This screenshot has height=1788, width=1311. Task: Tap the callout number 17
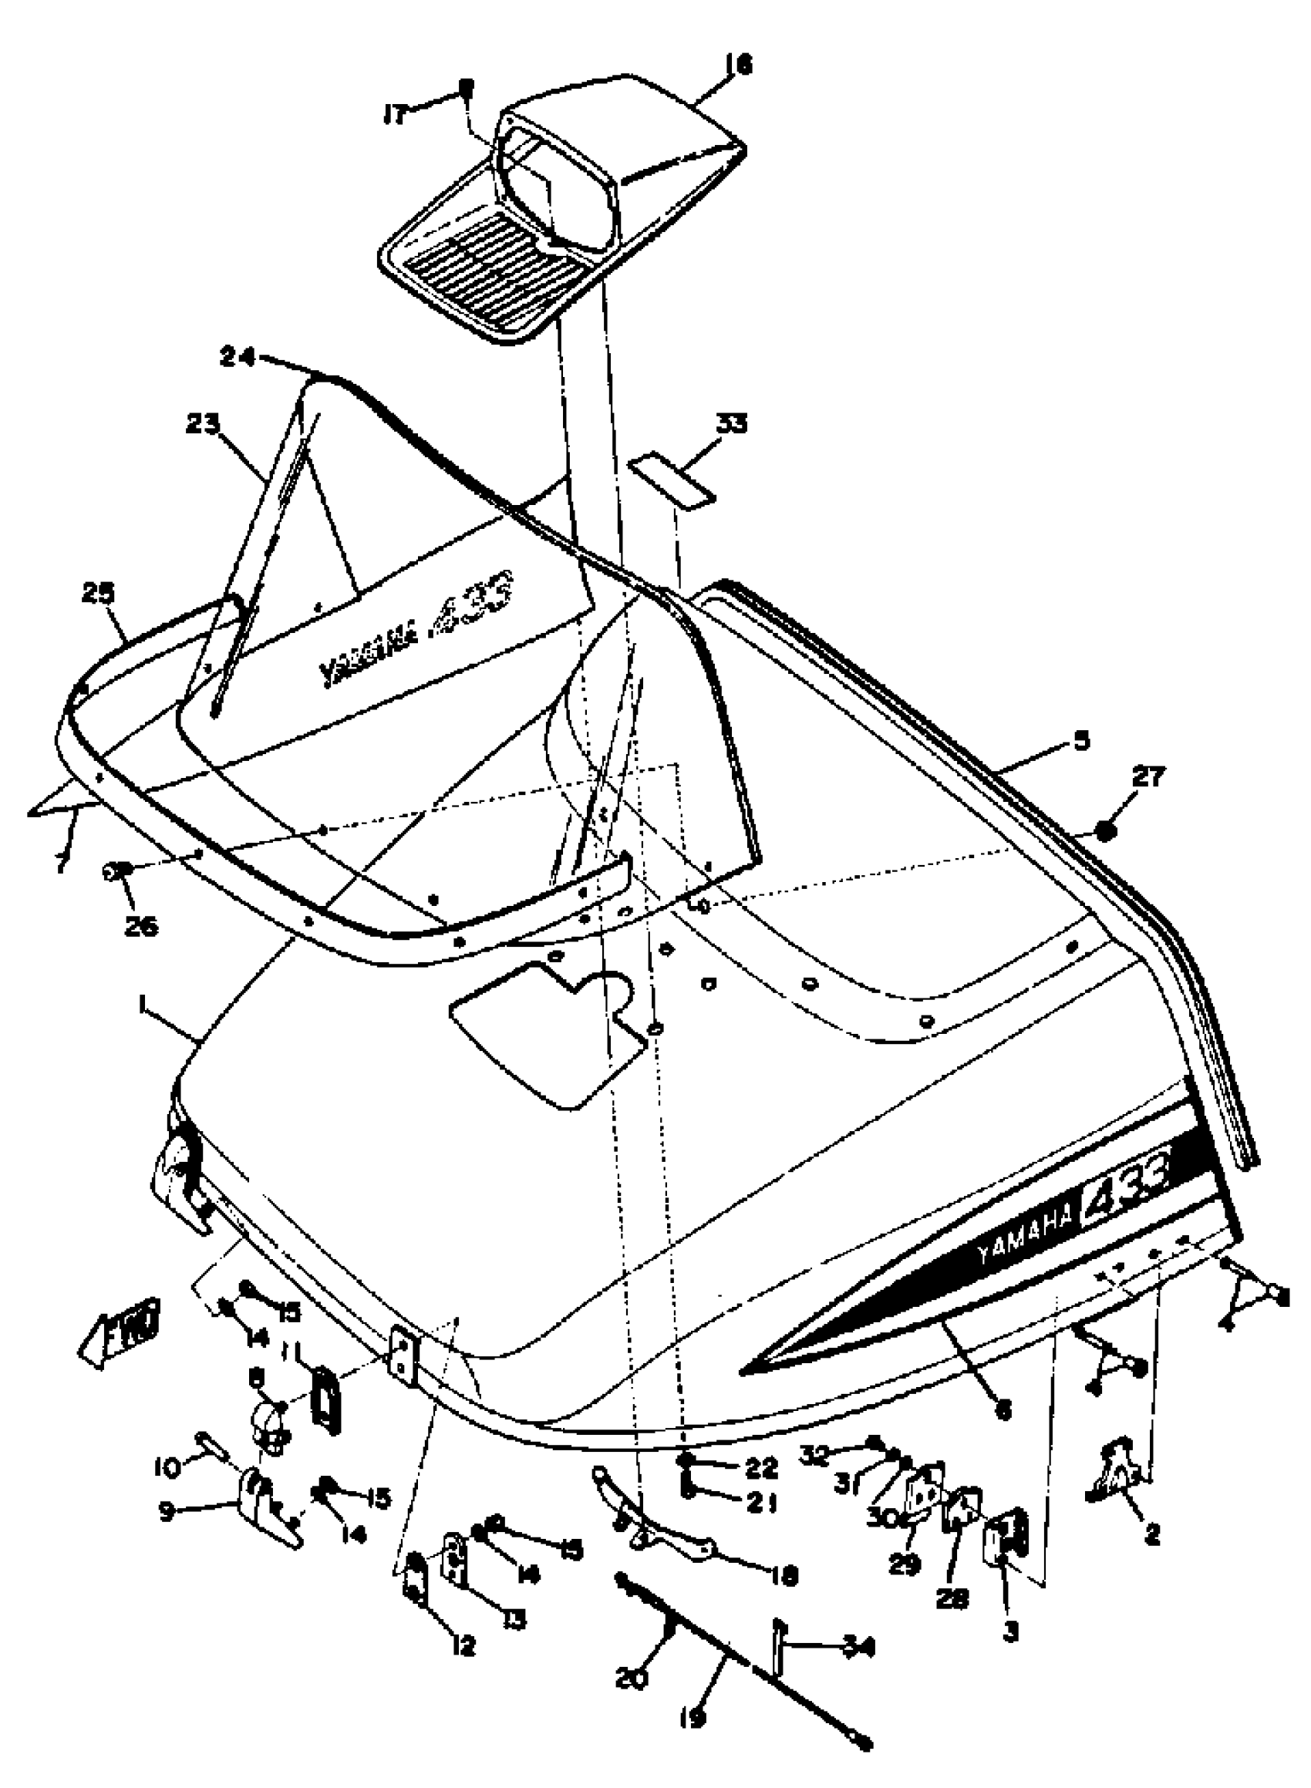(394, 115)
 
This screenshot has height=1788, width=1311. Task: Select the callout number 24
(238, 358)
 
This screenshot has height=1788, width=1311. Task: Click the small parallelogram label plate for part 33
(672, 480)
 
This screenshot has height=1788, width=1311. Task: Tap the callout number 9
(166, 1512)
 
